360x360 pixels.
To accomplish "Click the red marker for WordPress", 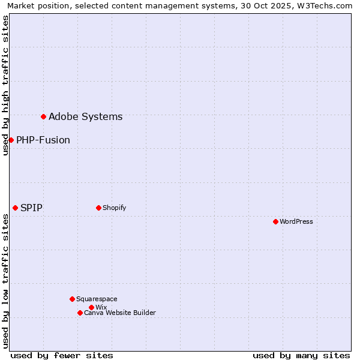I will [275, 221].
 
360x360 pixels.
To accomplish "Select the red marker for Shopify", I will [98, 208].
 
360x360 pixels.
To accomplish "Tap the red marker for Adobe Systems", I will [43, 116].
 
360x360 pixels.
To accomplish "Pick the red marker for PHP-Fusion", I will [11, 140].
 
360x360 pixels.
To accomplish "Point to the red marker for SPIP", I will [15, 208].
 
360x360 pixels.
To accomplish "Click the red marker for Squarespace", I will [72, 299].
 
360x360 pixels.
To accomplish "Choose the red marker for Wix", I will [91, 307].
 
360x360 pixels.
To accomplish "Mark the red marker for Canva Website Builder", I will [80, 313].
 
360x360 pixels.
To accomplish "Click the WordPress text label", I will [296, 221].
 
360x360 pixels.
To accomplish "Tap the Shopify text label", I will [115, 208].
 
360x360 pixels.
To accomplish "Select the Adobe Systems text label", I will [86, 116].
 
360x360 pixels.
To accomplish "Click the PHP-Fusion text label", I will [43, 140].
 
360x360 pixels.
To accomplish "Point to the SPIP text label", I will [31, 208].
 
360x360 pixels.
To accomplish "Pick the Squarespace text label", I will [97, 299].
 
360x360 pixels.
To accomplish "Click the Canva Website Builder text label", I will [120, 313].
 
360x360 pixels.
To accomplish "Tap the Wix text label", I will [101, 307].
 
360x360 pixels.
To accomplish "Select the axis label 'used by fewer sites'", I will [62, 355].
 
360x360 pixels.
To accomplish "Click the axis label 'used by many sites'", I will [301, 355].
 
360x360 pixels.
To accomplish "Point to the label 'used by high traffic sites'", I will [5, 85].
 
